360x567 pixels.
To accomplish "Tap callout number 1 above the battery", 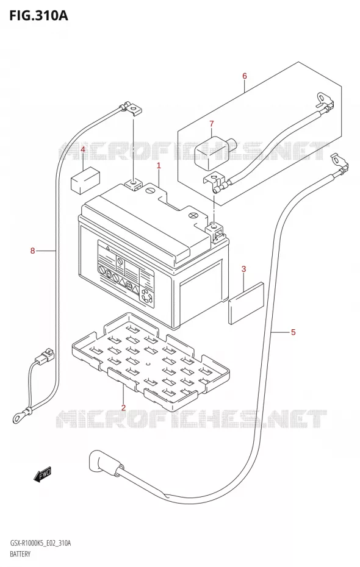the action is pos(159,166).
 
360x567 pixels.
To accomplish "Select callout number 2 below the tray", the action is pos(123,407).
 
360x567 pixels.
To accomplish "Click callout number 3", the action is pos(243,269).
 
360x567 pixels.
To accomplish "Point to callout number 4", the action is pos(83,149).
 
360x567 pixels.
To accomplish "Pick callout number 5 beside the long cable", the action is pos(293,332).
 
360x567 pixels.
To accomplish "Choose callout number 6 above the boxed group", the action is pos(245,76).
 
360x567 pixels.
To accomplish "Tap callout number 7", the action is pos(212,124).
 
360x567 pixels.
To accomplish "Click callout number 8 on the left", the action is pos(32,250).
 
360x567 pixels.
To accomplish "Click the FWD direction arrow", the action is pos(43,474).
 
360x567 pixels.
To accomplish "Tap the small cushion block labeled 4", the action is pos(85,180).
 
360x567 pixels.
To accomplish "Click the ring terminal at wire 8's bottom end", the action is pos(21,415).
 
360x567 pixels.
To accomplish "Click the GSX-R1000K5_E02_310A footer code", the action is pos(38,543).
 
